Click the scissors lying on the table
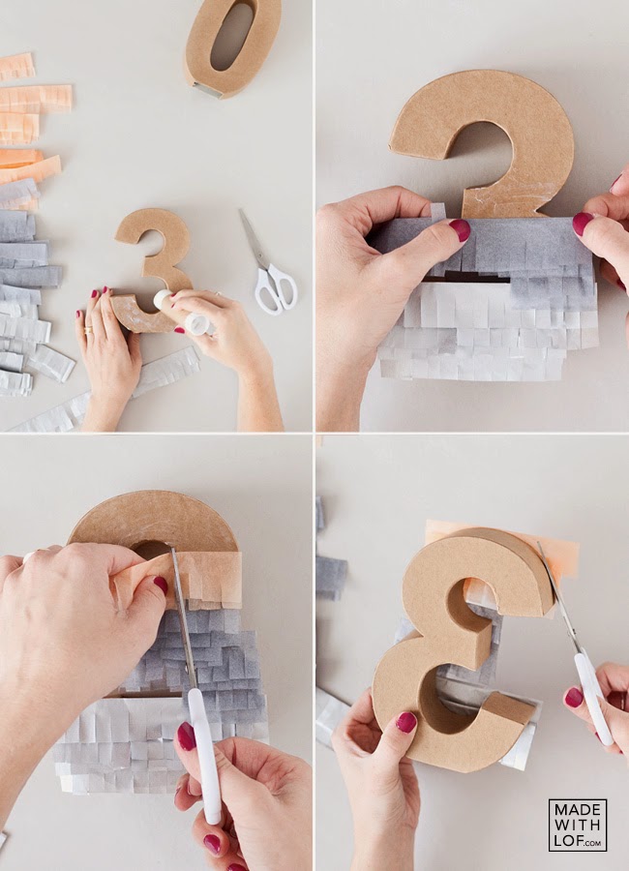(269, 266)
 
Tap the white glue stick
(182, 313)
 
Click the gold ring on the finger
(88, 331)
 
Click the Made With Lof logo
(578, 825)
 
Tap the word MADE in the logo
(578, 811)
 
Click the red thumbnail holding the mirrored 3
(405, 723)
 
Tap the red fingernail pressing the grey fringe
(460, 230)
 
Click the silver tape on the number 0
(208, 90)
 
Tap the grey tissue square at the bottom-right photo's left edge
(331, 578)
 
